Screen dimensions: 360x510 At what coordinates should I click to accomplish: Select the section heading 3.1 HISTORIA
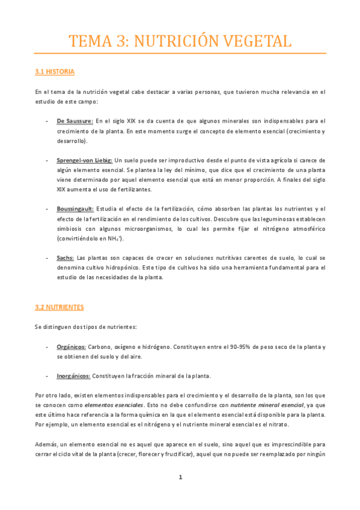(55, 72)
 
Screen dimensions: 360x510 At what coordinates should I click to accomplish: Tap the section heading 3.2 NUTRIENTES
(59, 307)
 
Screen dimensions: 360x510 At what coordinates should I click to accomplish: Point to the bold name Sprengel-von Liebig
(85, 160)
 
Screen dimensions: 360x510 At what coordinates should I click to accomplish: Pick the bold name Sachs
(66, 257)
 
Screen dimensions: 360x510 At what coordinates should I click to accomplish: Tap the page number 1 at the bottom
(180, 478)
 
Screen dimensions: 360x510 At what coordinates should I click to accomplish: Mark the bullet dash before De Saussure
(47, 121)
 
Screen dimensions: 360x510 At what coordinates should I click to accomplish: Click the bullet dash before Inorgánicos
(47, 376)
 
